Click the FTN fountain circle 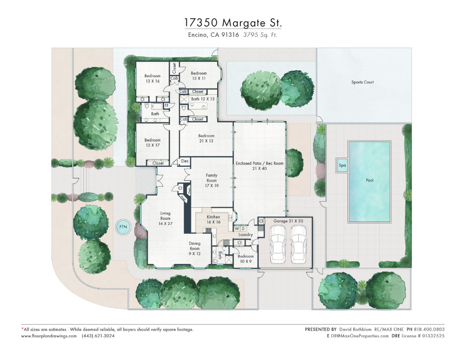click(x=123, y=227)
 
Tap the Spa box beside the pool click(x=342, y=165)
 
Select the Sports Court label click(x=362, y=82)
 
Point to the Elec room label click(x=185, y=161)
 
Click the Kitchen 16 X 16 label click(x=213, y=219)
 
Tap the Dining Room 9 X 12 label click(x=195, y=249)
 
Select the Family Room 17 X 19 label click(x=212, y=181)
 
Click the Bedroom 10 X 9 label click(x=246, y=259)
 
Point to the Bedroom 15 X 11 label click(x=199, y=76)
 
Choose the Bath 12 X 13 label click(x=203, y=99)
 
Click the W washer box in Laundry click(x=237, y=229)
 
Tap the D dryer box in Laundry click(x=243, y=229)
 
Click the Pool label click(x=370, y=180)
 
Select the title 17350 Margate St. click(x=233, y=22)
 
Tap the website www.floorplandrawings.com click(x=49, y=336)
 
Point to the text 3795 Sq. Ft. click(x=260, y=35)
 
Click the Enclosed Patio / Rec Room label click(x=260, y=166)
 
